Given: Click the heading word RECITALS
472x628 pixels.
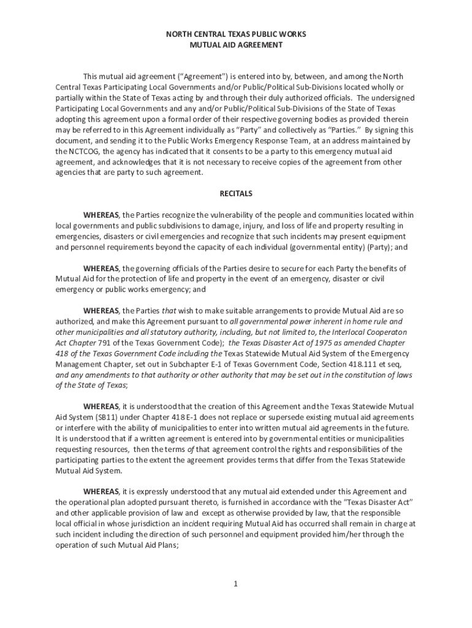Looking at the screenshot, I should tap(236, 194).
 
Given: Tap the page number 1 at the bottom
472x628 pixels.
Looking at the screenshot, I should tap(235, 583).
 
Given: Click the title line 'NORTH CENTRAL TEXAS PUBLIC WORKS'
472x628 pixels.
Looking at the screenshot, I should tap(236, 34).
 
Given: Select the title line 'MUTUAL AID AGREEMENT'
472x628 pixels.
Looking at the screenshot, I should tap(236, 45).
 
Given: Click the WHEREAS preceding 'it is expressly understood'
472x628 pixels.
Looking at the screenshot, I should tap(101, 492).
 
